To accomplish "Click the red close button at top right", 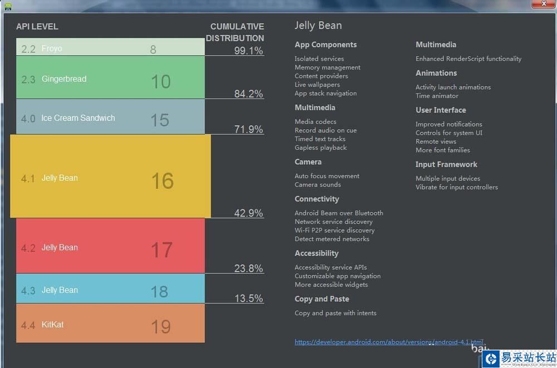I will (543, 4).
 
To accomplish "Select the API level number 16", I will (162, 181).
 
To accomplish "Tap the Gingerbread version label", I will (64, 79).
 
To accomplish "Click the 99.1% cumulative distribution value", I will (248, 51).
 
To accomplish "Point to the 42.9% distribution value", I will (248, 213).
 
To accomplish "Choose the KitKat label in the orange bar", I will (52, 324).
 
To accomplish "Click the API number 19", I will (160, 326).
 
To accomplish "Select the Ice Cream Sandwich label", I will (78, 118).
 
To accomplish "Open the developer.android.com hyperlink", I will (389, 342).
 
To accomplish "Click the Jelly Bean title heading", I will (318, 26).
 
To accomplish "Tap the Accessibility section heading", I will (316, 253).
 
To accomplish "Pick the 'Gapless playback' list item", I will (320, 148).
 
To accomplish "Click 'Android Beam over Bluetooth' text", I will (339, 213).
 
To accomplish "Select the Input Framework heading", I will (446, 164).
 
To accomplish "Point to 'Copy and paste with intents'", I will (335, 313).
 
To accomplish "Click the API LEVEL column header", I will (37, 27).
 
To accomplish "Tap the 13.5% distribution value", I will (248, 298).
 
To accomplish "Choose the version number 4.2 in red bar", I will (28, 248).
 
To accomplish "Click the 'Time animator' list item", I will (437, 96).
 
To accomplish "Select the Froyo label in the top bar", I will (52, 48).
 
